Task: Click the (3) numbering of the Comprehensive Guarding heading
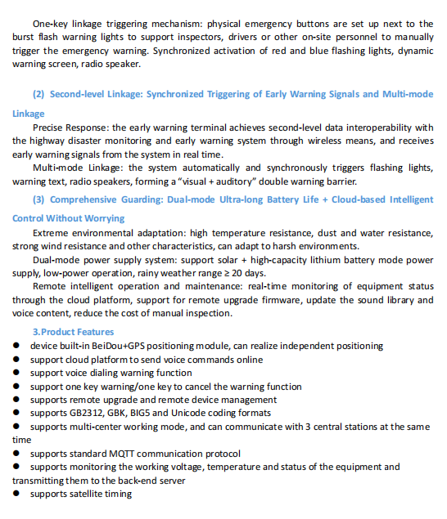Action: tap(38, 199)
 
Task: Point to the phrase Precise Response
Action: tap(70, 128)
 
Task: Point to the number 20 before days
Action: tap(248, 272)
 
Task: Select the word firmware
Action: tap(284, 299)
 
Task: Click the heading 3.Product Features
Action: tap(73, 332)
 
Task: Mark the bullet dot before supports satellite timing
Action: tap(16, 494)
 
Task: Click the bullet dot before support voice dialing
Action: tap(16, 373)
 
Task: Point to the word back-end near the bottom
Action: tap(142, 481)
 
